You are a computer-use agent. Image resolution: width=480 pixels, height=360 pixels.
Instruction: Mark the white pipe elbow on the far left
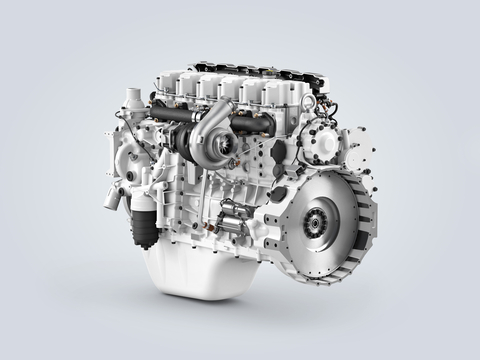pyautogui.click(x=110, y=190)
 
